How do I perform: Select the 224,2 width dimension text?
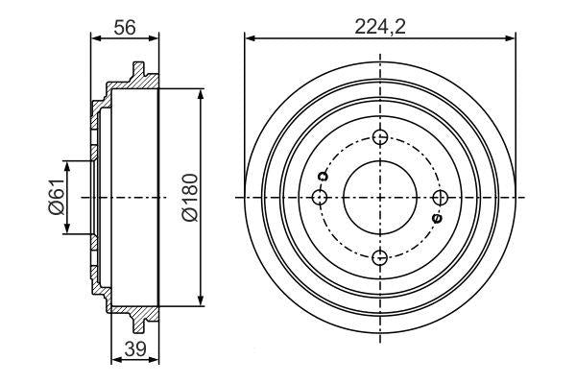(x=380, y=27)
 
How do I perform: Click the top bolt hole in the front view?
(x=380, y=137)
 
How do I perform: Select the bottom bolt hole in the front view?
(x=380, y=256)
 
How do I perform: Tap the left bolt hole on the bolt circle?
(x=321, y=197)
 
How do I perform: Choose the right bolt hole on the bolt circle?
(x=440, y=197)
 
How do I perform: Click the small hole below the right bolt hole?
(x=437, y=219)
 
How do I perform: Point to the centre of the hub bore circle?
(x=380, y=197)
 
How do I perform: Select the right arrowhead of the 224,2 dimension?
(x=513, y=39)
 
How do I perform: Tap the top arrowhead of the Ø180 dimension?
(x=201, y=92)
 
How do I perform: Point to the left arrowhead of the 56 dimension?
(x=94, y=39)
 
